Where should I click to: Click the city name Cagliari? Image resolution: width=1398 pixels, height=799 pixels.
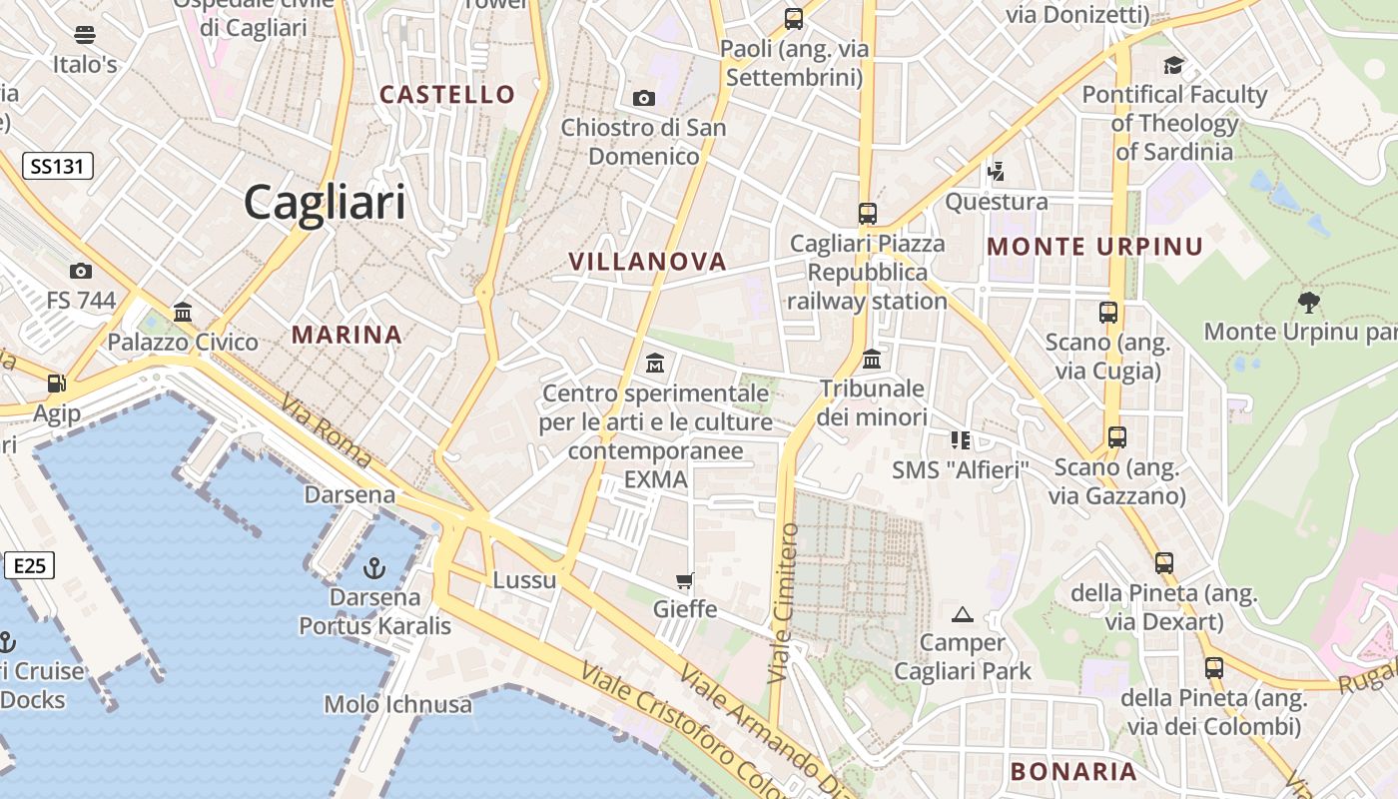point(325,203)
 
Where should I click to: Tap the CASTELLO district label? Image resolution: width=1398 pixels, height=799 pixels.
point(447,95)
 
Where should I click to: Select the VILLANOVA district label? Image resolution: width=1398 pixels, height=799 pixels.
point(647,262)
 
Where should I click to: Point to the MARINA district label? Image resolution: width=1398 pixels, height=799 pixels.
point(347,335)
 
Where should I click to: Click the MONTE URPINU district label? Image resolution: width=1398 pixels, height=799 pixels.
point(1094,247)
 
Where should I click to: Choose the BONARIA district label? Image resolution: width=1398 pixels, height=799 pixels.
point(1073,771)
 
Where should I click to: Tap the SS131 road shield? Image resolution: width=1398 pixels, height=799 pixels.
point(57,166)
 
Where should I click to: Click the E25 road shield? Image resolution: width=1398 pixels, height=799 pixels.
point(29,566)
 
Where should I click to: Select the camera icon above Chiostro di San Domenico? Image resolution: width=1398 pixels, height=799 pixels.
point(644,98)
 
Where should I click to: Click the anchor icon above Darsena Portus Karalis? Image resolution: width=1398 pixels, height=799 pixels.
point(374,569)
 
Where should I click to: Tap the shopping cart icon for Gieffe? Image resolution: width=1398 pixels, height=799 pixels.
point(684,580)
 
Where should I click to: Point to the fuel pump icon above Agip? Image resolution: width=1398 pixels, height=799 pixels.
point(57,384)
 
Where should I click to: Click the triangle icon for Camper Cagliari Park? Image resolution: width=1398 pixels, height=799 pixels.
point(963,614)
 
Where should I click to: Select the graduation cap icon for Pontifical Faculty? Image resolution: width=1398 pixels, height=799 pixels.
point(1173,66)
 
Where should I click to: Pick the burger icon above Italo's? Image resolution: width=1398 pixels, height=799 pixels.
point(85,35)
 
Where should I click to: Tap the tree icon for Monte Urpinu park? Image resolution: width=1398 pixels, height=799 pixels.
point(1308,302)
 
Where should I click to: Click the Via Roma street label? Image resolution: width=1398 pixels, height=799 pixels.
point(327,432)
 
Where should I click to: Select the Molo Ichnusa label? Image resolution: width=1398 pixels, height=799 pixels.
point(397,704)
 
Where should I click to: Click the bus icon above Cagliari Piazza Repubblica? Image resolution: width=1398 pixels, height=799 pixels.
point(867,213)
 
